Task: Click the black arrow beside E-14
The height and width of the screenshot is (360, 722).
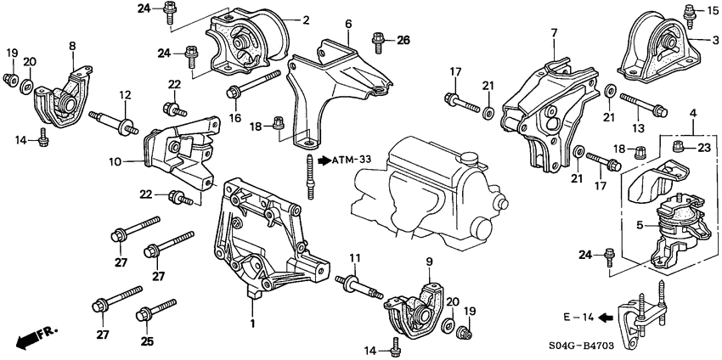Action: pos(605,318)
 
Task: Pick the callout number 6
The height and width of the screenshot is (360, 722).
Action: pos(347,25)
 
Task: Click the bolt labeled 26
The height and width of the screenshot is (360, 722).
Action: pos(378,38)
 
